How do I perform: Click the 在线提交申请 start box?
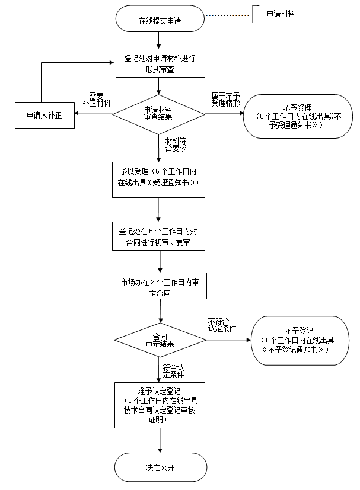coord(160,20)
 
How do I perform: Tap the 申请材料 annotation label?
coord(281,13)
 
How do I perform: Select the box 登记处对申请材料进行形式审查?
coord(159,63)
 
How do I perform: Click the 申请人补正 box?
coord(40,115)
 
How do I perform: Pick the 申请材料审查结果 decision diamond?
coord(159,113)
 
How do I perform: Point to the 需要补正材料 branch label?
coord(96,99)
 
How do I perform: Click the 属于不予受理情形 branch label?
coord(225,99)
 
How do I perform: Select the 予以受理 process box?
coord(159,178)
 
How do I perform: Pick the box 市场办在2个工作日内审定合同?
coord(160,287)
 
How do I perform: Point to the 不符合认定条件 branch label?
coord(222,324)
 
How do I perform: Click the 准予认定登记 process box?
coord(160,405)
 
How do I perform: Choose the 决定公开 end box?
coord(160,467)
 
